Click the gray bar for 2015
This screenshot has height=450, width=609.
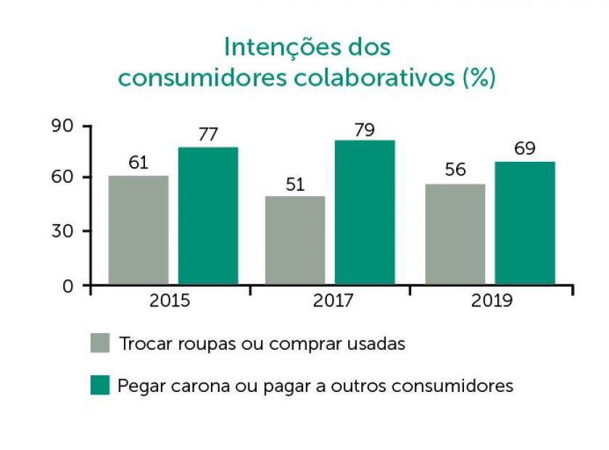138,229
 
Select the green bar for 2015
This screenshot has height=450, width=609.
208,216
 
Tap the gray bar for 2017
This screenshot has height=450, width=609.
295,240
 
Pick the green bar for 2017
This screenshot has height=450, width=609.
365,212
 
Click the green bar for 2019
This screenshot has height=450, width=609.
525,223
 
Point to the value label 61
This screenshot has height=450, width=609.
138,163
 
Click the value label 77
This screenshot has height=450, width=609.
208,134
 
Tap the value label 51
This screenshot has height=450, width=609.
295,184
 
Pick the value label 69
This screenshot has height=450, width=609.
525,149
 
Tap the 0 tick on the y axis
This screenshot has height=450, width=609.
68,285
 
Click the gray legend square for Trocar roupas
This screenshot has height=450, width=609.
100,343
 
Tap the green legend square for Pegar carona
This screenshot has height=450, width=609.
100,385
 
